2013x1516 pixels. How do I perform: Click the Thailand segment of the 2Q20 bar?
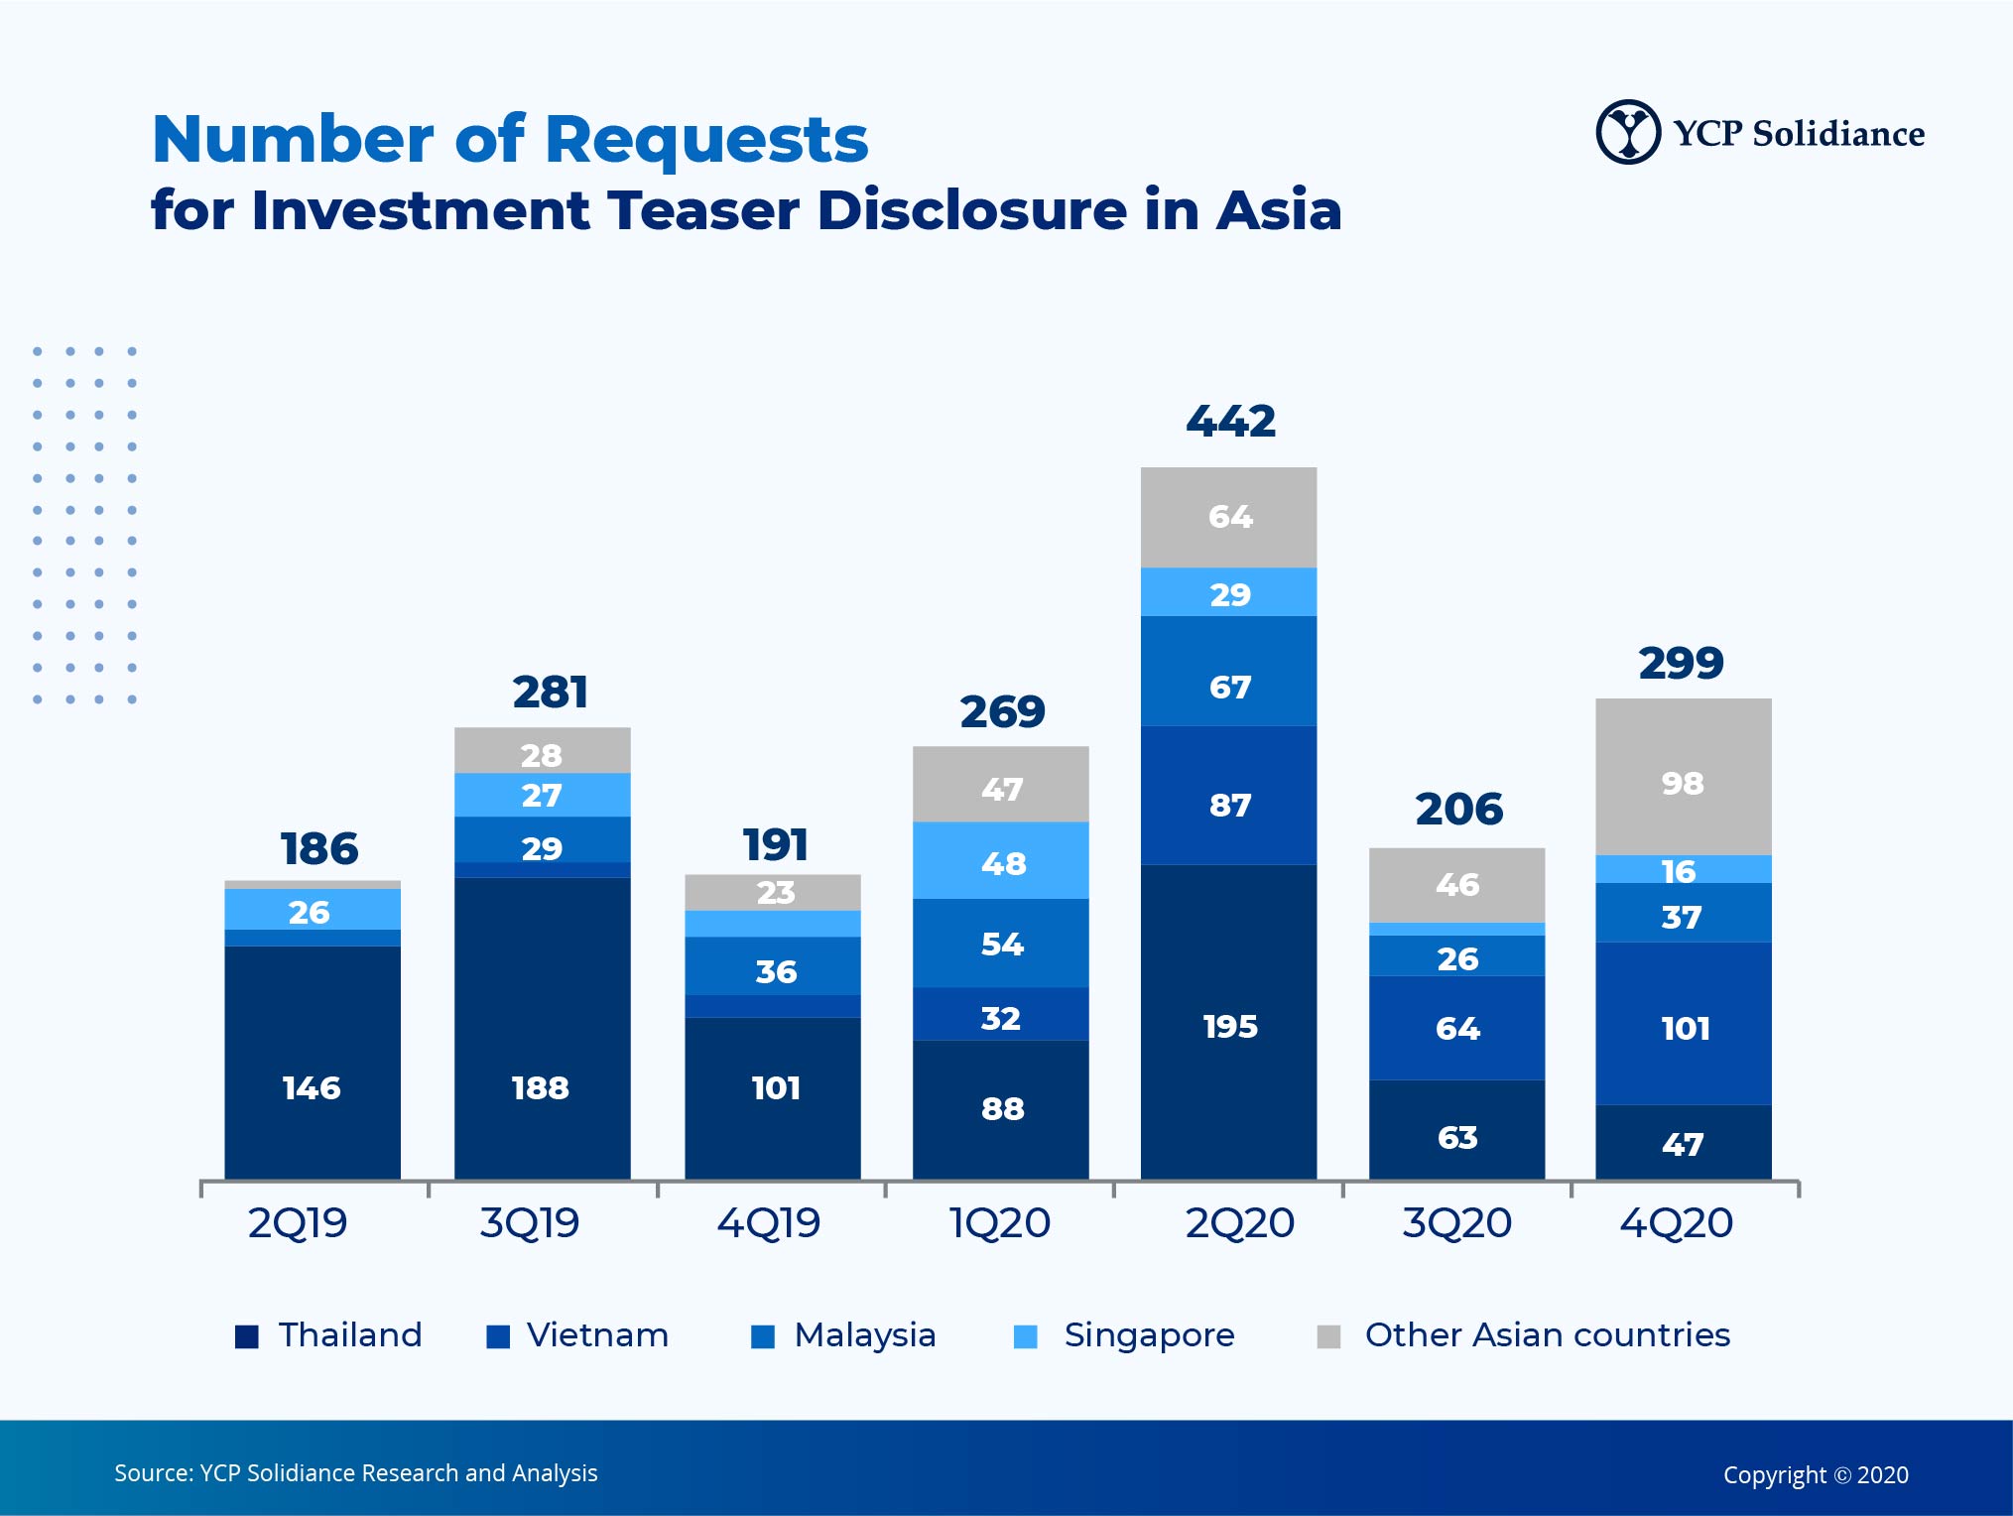(x=1228, y=1022)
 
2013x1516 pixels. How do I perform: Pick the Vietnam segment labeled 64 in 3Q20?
(x=1456, y=1028)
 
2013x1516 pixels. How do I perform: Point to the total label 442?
(x=1230, y=422)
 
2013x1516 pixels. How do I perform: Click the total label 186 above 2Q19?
(x=318, y=849)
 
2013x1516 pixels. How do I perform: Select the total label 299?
(x=1681, y=663)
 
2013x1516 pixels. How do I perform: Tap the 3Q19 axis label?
(x=530, y=1223)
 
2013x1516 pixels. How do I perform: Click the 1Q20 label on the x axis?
(x=1000, y=1223)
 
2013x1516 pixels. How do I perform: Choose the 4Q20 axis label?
(x=1677, y=1223)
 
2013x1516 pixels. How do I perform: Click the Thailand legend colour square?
(x=247, y=1336)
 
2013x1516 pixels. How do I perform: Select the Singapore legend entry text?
(x=1149, y=1335)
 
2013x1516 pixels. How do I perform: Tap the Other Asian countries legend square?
(x=1328, y=1336)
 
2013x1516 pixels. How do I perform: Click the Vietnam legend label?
(x=597, y=1335)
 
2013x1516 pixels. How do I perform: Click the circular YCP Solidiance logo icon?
(x=1627, y=132)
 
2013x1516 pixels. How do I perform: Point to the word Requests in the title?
(x=706, y=139)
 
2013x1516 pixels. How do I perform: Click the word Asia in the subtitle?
(x=1279, y=210)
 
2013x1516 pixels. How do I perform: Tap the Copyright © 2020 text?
(x=1816, y=1475)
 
